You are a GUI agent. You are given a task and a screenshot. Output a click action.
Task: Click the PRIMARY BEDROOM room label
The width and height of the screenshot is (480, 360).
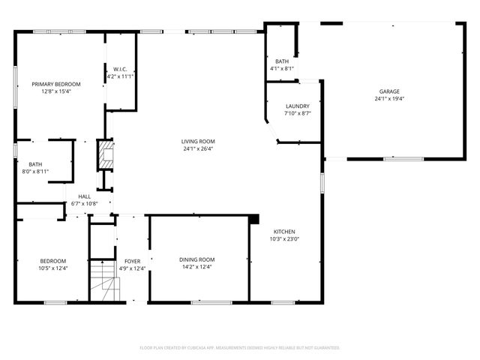(x=56, y=84)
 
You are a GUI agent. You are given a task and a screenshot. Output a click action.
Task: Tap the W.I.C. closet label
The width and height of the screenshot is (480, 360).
(x=120, y=69)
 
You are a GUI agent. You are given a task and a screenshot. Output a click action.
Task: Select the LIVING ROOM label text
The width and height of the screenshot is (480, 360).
(x=198, y=141)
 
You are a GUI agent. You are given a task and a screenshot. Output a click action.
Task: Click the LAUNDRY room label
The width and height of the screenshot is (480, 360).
(x=297, y=106)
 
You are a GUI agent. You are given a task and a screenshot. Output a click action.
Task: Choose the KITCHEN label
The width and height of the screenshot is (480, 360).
(x=284, y=231)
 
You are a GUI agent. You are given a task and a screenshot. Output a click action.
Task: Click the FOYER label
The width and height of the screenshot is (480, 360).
(x=133, y=261)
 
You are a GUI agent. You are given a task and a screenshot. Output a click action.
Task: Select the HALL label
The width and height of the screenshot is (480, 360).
(x=84, y=196)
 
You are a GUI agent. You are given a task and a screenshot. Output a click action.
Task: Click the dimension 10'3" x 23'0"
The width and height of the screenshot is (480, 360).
(x=284, y=239)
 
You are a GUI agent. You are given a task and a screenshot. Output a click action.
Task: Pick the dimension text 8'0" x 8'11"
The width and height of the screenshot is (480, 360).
(x=35, y=172)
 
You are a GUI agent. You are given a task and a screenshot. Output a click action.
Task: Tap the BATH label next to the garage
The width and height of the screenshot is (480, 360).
(x=282, y=61)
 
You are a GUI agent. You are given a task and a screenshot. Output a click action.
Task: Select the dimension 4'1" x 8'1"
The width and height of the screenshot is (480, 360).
(x=282, y=69)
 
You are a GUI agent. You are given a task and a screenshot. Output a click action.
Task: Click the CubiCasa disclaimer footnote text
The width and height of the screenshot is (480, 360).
(x=240, y=348)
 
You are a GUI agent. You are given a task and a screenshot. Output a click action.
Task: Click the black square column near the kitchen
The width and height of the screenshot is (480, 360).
(x=254, y=218)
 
